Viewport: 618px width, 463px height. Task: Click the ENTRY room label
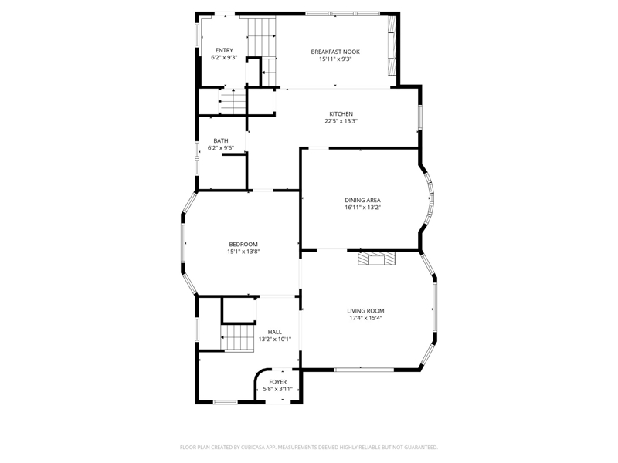tap(224, 50)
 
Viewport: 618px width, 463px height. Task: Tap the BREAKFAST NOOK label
tap(335, 52)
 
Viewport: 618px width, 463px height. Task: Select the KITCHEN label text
tap(341, 114)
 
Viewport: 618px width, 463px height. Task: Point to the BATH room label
tap(221, 141)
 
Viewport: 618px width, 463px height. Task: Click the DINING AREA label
tap(362, 201)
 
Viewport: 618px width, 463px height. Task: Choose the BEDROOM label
tap(243, 245)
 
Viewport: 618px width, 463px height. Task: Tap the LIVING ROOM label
tap(365, 311)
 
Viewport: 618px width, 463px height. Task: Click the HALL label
tap(275, 333)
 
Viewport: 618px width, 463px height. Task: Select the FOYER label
tap(278, 382)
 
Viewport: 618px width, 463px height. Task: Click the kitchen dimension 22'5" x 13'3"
tap(341, 121)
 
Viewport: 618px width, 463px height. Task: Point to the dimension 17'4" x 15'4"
tap(365, 318)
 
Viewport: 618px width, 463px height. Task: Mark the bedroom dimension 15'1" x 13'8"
tap(243, 252)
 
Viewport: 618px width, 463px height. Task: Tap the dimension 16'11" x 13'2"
tap(362, 208)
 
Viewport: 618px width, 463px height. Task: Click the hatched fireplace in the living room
tap(376, 259)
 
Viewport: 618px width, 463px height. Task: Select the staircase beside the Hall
tap(237, 338)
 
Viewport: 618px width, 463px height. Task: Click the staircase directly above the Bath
tap(233, 101)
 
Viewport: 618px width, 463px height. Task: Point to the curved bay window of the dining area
tap(430, 199)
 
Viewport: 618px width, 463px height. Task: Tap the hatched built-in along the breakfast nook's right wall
tap(392, 45)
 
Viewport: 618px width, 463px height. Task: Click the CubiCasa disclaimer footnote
tap(308, 448)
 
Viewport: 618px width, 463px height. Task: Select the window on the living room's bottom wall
tap(364, 370)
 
